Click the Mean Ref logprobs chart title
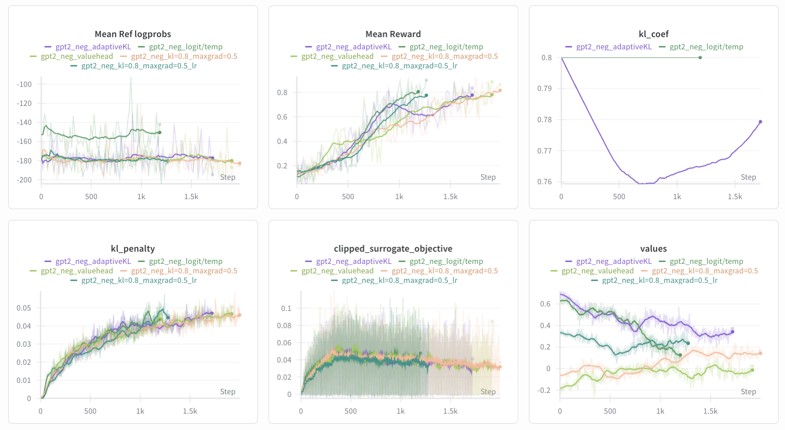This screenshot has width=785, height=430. pos(133,34)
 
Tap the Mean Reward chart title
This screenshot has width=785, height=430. pos(393,34)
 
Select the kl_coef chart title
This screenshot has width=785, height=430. pos(654,34)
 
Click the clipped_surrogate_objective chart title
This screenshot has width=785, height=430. pos(393,248)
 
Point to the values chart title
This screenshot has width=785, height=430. pos(654,248)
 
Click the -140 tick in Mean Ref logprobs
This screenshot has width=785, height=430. pos(24,122)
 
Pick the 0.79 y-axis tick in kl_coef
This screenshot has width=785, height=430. pos(544,88)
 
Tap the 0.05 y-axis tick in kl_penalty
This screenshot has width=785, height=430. pos(24,308)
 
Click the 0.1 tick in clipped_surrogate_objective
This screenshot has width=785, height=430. pos(286,308)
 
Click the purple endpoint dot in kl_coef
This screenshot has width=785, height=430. pos(760,122)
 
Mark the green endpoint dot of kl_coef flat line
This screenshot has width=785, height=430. pos(700,57)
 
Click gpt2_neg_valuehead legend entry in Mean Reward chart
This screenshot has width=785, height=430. pos(337,56)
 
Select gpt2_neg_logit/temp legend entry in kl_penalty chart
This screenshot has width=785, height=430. pos(185,261)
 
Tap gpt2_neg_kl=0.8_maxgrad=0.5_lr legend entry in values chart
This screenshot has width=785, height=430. pos(659,280)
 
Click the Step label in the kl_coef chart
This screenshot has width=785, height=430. pos(748,177)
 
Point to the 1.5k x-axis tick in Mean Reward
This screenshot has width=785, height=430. pos(451,196)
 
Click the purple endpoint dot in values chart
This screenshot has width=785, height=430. pos(732,332)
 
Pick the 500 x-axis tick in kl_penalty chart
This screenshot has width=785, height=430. pos(90,411)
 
